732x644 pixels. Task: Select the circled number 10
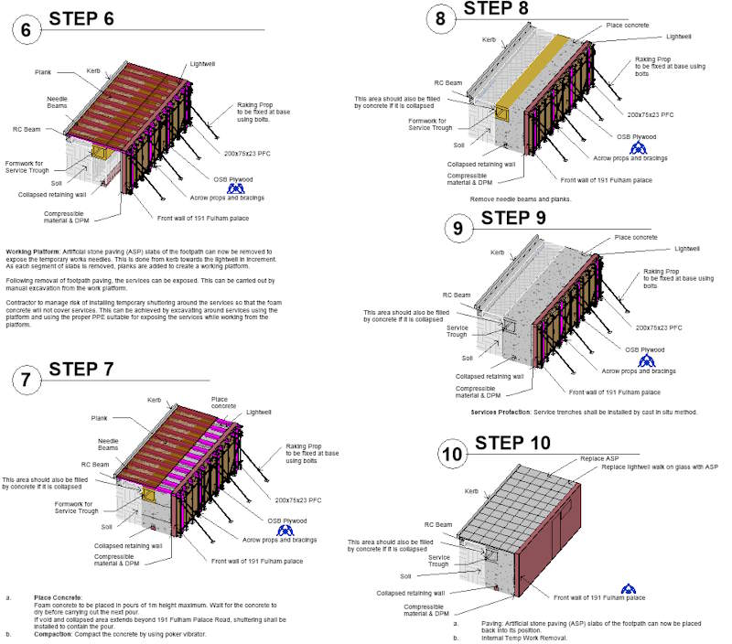[451, 455]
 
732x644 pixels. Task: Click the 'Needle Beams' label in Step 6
[57, 102]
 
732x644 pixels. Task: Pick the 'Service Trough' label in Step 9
[458, 331]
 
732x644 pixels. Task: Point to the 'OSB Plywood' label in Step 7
[285, 520]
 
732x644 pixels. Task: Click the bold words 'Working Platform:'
[33, 250]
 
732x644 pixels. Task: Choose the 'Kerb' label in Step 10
[471, 491]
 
